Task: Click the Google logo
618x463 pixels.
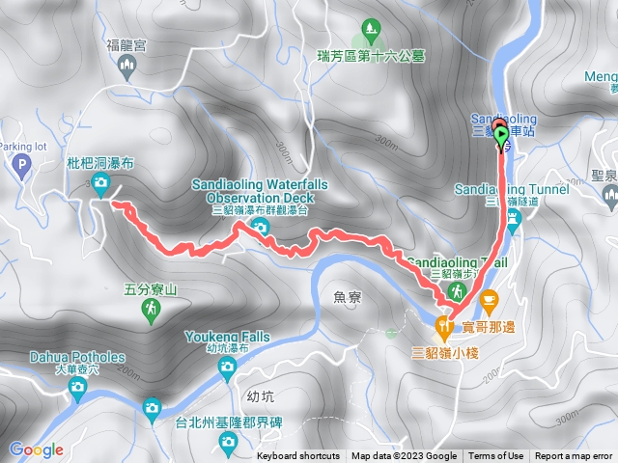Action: tap(37, 449)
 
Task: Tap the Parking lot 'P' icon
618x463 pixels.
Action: tap(20, 167)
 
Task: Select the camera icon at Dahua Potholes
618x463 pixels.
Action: tap(77, 388)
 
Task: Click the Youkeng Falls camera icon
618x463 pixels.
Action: tap(227, 366)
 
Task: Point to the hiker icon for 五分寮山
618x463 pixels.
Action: tap(152, 309)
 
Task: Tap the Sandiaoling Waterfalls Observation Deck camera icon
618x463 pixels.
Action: tap(259, 227)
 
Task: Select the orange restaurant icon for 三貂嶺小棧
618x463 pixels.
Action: tap(445, 328)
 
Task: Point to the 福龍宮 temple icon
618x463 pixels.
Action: tap(126, 65)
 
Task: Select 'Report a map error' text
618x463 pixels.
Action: tap(576, 456)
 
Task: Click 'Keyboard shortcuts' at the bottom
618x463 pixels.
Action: tap(298, 456)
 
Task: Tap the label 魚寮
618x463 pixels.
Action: tap(345, 299)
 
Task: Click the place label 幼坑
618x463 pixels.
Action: tap(261, 395)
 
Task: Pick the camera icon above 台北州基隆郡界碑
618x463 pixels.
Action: tap(229, 442)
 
